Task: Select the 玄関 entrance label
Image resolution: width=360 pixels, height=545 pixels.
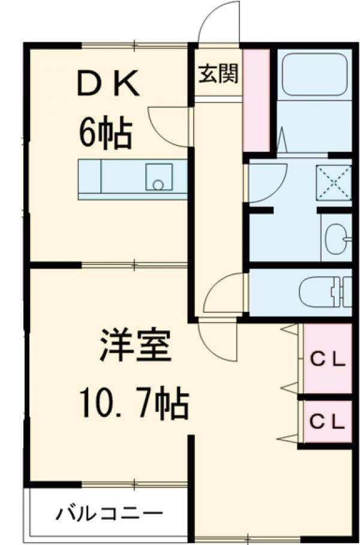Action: click(x=218, y=74)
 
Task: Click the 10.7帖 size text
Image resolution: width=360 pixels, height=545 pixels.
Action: click(x=136, y=404)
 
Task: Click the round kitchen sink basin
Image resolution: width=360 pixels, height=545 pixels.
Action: click(x=158, y=184)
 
